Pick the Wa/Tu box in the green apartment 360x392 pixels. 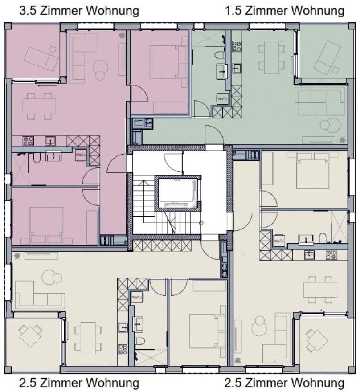222,99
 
